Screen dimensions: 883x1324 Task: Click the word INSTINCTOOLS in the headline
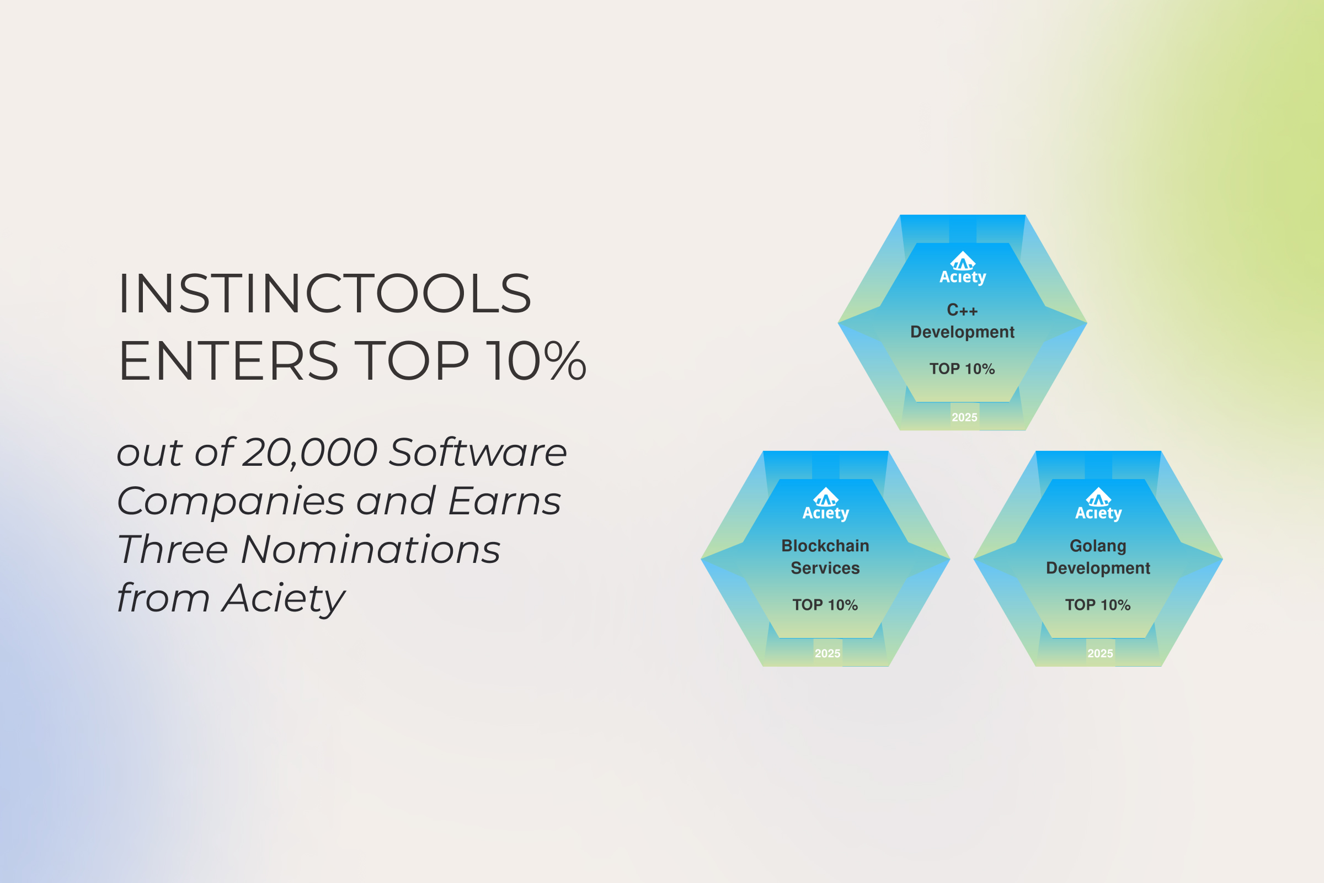[325, 294]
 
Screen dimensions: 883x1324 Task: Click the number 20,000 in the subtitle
[309, 452]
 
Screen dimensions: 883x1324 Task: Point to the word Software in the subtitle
[478, 452]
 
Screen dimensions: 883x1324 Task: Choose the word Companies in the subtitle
[230, 501]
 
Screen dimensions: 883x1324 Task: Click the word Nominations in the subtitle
[371, 550]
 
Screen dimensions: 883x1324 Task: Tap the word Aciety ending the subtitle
[283, 599]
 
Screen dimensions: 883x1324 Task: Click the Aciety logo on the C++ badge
[963, 268]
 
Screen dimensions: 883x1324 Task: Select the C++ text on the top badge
[962, 310]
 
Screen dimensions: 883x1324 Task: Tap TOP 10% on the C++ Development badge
[962, 369]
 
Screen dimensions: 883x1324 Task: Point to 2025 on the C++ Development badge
[964, 417]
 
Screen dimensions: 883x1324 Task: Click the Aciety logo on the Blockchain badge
[825, 504]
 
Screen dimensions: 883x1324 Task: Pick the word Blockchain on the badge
[825, 546]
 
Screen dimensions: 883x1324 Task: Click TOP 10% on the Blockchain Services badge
[825, 605]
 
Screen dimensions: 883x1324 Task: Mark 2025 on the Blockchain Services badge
[827, 653]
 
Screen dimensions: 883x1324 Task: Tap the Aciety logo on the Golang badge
[1098, 504]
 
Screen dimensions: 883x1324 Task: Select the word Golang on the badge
[1098, 546]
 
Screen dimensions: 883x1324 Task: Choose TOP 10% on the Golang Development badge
[1098, 605]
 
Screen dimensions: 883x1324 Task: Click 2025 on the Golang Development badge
[1101, 653]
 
